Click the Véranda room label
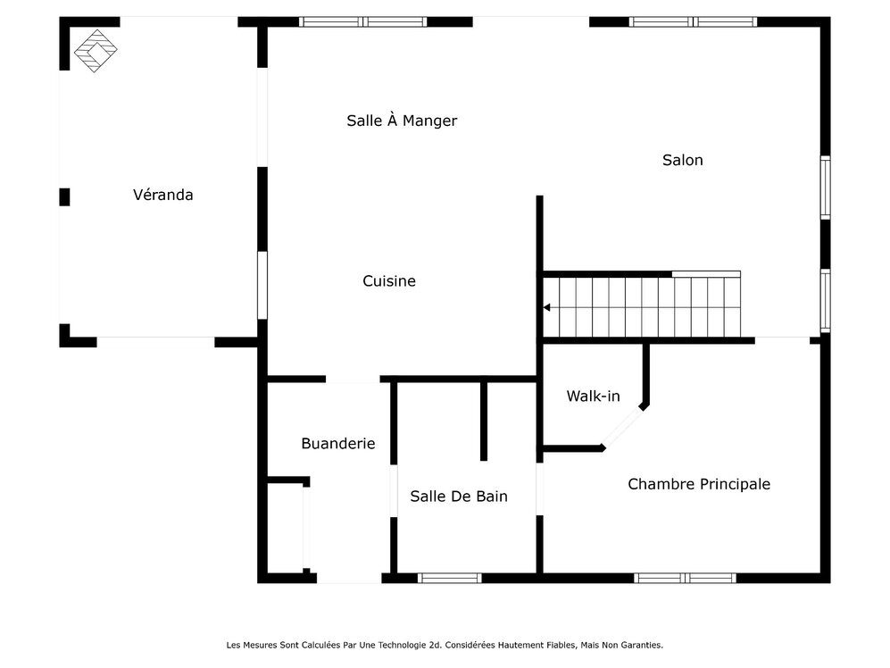click(162, 195)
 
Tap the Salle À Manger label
click(402, 121)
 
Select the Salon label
click(683, 160)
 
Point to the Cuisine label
click(389, 281)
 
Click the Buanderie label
click(337, 443)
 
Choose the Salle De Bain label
click(459, 496)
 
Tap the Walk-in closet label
click(593, 396)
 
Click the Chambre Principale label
click(699, 484)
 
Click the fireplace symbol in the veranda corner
click(94, 51)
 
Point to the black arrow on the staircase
click(546, 308)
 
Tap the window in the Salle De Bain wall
click(450, 578)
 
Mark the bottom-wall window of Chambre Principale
click(686, 578)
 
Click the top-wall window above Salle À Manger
click(362, 21)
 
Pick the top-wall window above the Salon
click(693, 21)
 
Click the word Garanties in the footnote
click(641, 644)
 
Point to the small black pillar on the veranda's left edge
click(64, 196)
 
